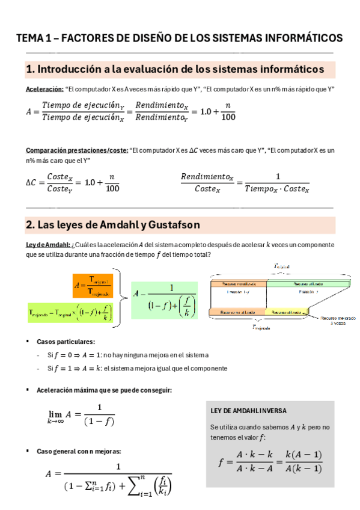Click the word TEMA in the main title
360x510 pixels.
tap(28, 38)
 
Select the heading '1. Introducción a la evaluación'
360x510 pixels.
tap(174, 70)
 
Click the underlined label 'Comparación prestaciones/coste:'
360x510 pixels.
tap(77, 150)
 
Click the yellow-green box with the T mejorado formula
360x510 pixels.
tap(71, 312)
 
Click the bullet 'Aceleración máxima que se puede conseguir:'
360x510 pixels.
tap(104, 390)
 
